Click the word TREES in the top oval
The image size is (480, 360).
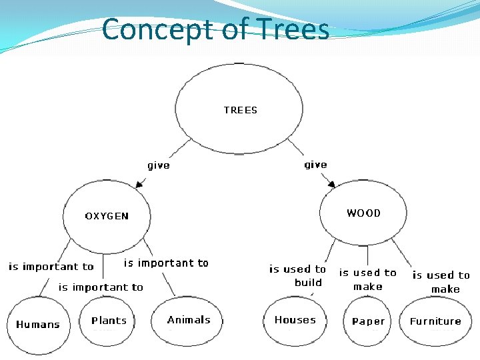tap(240, 110)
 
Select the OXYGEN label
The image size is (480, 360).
tap(107, 216)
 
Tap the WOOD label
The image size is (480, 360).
tap(363, 213)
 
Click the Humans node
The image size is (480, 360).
tap(38, 325)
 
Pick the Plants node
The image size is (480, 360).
tap(109, 321)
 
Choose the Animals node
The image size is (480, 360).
tap(189, 320)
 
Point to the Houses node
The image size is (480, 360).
tap(295, 320)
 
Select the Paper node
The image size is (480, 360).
tap(368, 321)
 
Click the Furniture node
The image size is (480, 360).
tap(435, 321)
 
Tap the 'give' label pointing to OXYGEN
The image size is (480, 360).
tap(159, 165)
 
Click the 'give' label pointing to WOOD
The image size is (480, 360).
tap(315, 165)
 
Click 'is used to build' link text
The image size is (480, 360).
tap(298, 275)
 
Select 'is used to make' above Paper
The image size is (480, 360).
tap(368, 279)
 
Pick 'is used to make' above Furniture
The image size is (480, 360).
tap(441, 282)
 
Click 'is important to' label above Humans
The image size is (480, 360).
tap(51, 267)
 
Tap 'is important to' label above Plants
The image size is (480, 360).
tap(101, 287)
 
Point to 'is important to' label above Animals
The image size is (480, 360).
tap(166, 263)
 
